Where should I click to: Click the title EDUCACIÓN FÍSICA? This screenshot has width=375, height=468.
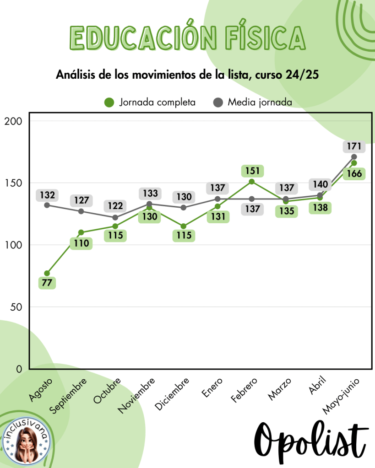(187, 37)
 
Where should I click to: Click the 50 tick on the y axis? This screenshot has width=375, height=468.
(16, 307)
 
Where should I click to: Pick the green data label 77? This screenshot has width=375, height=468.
(47, 283)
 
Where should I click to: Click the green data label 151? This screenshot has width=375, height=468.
(252, 171)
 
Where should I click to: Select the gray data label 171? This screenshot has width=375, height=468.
(354, 147)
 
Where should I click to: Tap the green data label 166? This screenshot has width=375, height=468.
(354, 174)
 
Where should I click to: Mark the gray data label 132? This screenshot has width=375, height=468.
(47, 195)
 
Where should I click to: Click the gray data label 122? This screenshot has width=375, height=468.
(115, 206)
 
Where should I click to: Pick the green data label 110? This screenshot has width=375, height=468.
(81, 243)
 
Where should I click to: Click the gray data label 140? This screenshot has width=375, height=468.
(320, 184)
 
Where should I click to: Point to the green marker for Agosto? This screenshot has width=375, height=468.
(47, 273)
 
